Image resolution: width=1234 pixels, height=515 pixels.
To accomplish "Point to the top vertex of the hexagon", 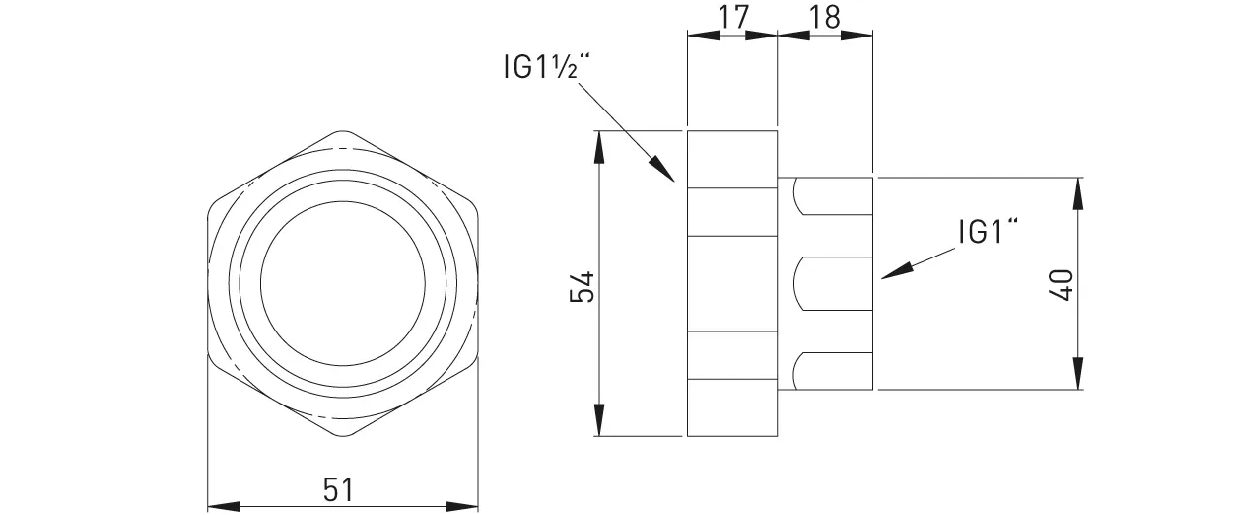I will [343, 131].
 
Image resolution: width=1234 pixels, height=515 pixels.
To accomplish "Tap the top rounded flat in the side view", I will [834, 195].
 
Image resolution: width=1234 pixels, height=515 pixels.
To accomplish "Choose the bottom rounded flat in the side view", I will [834, 370].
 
